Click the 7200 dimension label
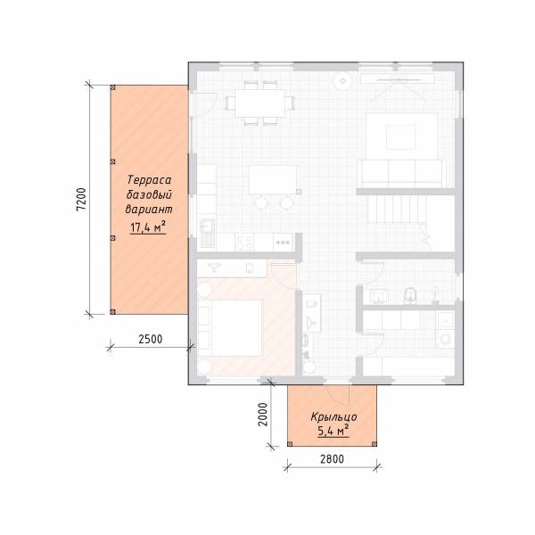pyautogui.click(x=81, y=199)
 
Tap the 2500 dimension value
pyautogui.click(x=151, y=339)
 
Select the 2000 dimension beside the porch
pyautogui.click(x=263, y=415)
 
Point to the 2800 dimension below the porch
pyautogui.click(x=332, y=459)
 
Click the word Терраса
pyautogui.click(x=149, y=180)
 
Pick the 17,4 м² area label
pyautogui.click(x=148, y=227)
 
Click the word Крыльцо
pyautogui.click(x=334, y=417)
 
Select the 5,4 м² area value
pyautogui.click(x=333, y=431)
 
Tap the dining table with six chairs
pyautogui.click(x=260, y=103)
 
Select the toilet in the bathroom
pyautogui.click(x=410, y=295)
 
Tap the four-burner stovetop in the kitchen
pyautogui.click(x=244, y=242)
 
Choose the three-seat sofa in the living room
pyautogui.click(x=403, y=173)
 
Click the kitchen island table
pyautogui.click(x=273, y=180)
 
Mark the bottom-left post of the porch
pyautogui.click(x=290, y=444)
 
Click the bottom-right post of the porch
pyautogui.click(x=374, y=444)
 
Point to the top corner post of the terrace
pyautogui.click(x=113, y=87)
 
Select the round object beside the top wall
pyautogui.click(x=343, y=81)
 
